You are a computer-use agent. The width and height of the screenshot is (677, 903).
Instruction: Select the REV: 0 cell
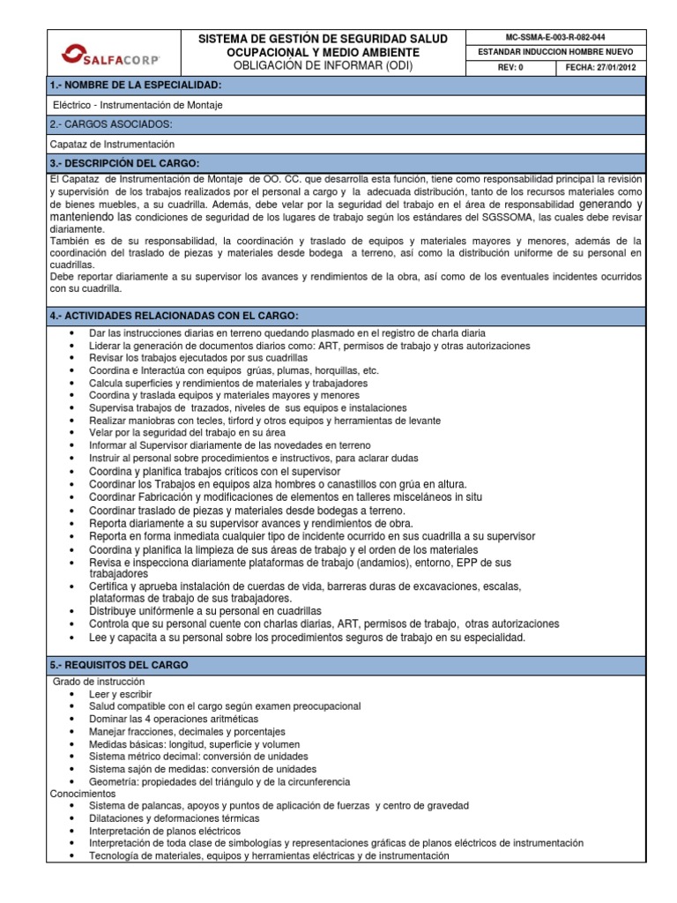pyautogui.click(x=510, y=67)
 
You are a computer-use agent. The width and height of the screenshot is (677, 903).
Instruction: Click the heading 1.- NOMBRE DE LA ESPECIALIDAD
pyautogui.click(x=138, y=85)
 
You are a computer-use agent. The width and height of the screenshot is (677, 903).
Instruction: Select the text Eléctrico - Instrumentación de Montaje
pyautogui.click(x=138, y=105)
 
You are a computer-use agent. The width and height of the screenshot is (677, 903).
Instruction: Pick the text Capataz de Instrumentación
pyautogui.click(x=114, y=144)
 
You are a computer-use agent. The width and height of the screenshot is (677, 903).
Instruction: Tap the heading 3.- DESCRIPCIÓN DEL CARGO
pyautogui.click(x=125, y=163)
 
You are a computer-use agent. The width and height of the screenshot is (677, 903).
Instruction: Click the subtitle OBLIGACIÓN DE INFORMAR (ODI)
pyautogui.click(x=324, y=66)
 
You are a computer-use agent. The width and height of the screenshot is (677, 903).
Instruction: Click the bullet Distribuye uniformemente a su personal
pyautogui.click(x=205, y=611)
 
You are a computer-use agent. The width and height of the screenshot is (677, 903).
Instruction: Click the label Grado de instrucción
pyautogui.click(x=99, y=682)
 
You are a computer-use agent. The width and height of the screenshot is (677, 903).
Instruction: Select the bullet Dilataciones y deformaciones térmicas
pyautogui.click(x=174, y=818)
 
